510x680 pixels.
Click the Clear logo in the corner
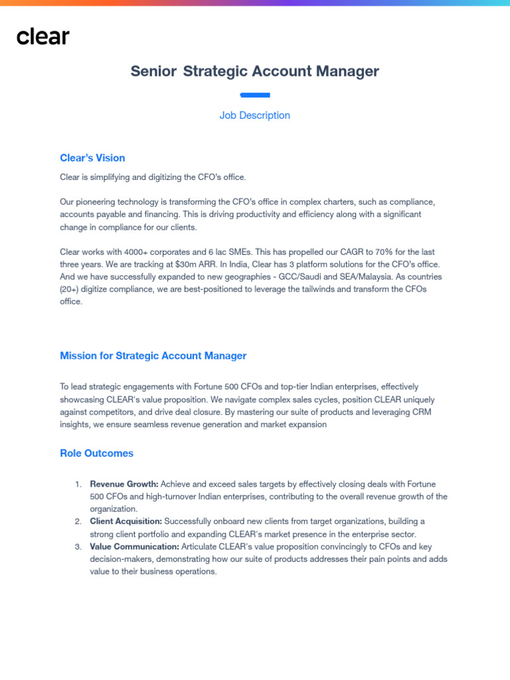coord(42,37)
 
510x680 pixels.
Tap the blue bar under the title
coord(255,95)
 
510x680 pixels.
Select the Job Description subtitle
coord(255,116)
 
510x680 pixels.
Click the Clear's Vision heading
coord(92,158)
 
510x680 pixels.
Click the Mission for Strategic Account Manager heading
coord(153,356)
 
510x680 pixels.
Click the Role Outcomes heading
coord(96,454)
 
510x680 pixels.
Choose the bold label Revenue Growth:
coord(124,485)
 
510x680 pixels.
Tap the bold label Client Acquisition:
coord(126,522)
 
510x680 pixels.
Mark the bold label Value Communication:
coord(135,547)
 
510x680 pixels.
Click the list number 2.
coord(78,522)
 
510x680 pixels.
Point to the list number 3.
coord(78,547)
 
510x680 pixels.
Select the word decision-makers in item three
coord(122,559)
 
